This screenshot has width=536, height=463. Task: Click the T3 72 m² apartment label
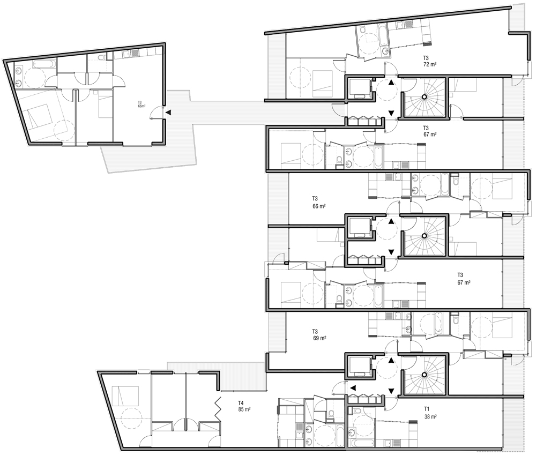[430, 61]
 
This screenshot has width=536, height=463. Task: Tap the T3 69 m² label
[319, 335]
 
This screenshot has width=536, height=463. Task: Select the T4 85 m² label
[244, 406]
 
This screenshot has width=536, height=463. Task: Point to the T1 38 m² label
[430, 413]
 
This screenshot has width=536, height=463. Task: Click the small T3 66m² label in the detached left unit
[142, 104]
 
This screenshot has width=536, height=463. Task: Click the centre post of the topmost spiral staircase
[424, 97]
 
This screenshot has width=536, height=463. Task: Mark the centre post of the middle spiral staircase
[424, 236]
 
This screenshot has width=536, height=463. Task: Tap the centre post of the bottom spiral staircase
[424, 375]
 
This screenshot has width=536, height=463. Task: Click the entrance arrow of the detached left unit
[168, 113]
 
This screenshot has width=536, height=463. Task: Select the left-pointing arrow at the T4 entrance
[353, 388]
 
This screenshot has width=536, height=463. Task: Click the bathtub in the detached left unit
[44, 64]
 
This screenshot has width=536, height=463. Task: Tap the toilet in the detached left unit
[101, 58]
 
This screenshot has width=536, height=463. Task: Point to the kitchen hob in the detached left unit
[135, 53]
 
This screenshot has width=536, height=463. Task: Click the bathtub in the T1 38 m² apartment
[362, 443]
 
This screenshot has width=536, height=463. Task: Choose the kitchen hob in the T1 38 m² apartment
[396, 443]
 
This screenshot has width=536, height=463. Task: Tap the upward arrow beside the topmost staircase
[391, 83]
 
